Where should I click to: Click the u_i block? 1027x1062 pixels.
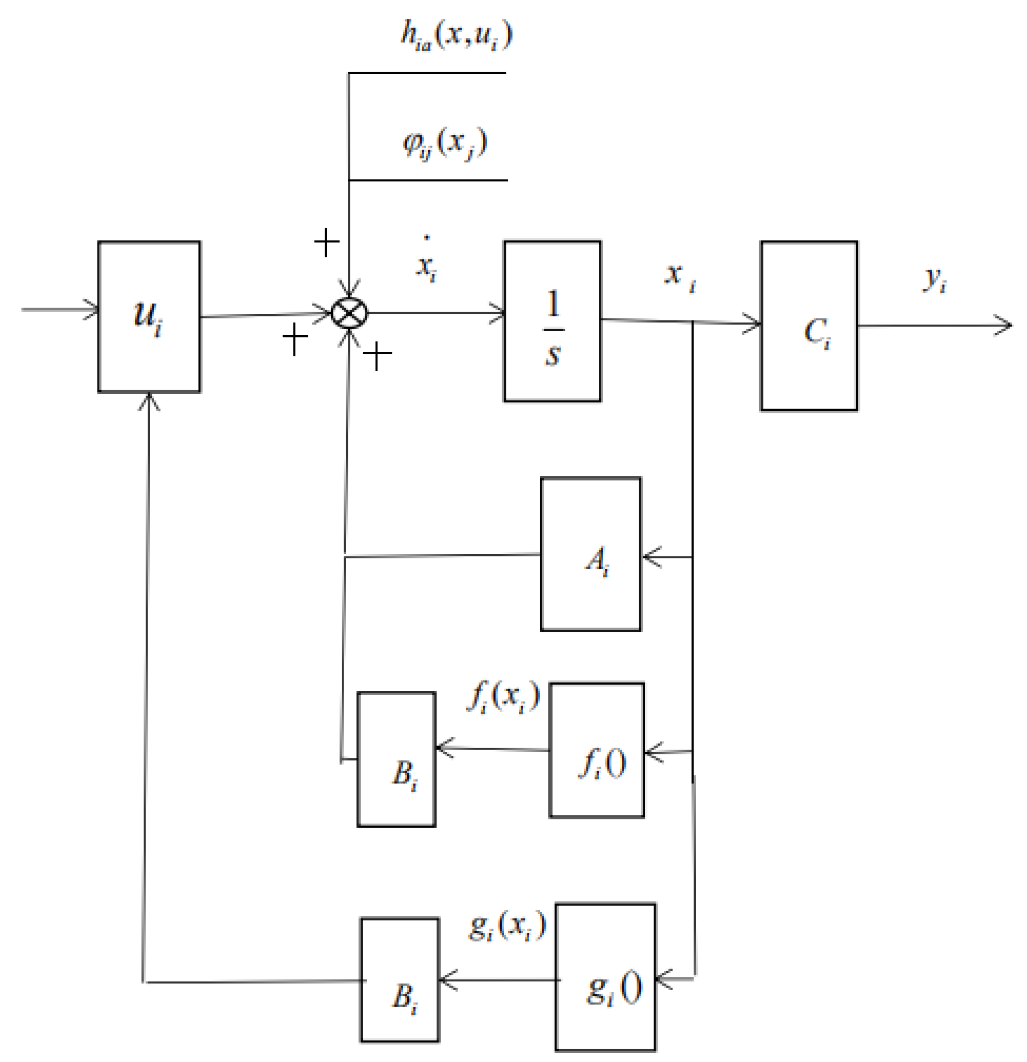click(x=149, y=316)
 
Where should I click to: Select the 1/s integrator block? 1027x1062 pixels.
click(x=552, y=321)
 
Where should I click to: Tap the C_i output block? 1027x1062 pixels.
click(x=809, y=326)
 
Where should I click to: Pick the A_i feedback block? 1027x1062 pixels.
click(x=590, y=554)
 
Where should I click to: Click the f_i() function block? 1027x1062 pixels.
click(x=597, y=750)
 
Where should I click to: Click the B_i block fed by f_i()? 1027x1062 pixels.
click(x=396, y=759)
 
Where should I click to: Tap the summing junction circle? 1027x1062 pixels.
click(x=349, y=314)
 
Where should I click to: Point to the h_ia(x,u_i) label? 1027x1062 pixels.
click(x=456, y=36)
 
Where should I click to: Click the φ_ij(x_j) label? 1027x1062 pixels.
click(x=445, y=143)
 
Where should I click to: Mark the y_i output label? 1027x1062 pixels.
click(x=934, y=279)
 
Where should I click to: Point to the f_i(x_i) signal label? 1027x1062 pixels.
click(x=503, y=696)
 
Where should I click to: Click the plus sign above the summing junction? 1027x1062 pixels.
click(x=327, y=242)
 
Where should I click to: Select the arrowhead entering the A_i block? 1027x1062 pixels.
click(x=652, y=556)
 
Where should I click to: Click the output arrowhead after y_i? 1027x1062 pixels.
click(x=1003, y=325)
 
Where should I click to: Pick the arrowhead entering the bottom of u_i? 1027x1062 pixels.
click(x=149, y=402)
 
